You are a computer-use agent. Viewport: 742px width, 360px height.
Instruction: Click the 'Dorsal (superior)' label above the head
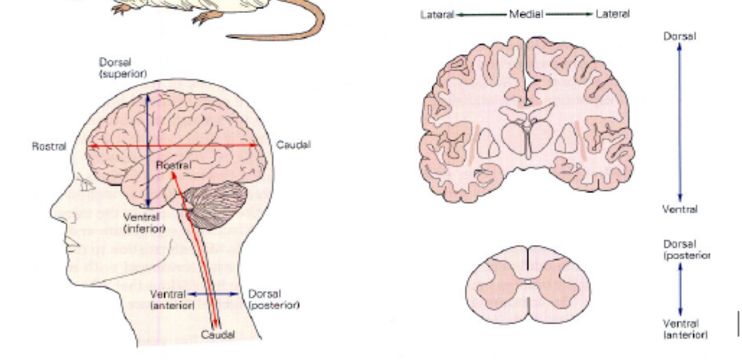click(123, 68)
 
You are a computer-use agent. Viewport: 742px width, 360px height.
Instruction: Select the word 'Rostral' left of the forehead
click(50, 146)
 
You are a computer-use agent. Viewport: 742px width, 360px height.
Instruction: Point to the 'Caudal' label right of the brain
click(294, 145)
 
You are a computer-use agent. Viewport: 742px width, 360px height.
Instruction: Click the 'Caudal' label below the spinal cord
click(217, 335)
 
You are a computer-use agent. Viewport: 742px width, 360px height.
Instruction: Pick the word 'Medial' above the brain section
click(526, 14)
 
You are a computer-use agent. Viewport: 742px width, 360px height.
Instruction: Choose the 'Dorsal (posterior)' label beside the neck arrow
click(273, 299)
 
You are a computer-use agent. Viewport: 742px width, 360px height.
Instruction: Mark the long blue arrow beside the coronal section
click(679, 122)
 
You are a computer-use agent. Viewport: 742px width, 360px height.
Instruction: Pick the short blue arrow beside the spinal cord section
click(680, 289)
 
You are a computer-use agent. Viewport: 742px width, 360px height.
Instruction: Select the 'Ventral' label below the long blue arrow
click(680, 210)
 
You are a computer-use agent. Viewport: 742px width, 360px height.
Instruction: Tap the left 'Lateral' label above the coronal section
click(438, 14)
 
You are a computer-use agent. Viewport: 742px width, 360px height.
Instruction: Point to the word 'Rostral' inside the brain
click(173, 165)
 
